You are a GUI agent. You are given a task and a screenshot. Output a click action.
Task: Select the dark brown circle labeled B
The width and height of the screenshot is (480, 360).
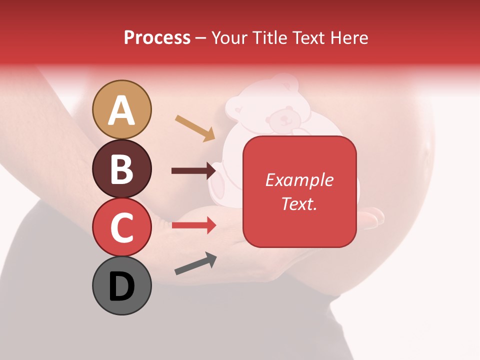122,168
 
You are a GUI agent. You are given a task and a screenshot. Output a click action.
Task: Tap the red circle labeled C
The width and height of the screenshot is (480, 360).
122,227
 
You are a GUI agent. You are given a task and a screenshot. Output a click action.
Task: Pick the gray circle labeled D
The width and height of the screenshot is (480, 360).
122,285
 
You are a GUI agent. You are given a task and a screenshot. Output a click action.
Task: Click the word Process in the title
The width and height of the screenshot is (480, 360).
157,37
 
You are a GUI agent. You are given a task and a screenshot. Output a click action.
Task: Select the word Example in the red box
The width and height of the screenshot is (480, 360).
299,180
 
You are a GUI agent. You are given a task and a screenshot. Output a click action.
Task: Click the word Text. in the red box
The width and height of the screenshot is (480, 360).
299,203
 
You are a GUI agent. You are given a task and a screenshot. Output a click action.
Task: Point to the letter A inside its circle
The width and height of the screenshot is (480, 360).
122,110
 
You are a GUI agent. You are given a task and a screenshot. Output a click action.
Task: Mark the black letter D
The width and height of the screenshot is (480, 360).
122,287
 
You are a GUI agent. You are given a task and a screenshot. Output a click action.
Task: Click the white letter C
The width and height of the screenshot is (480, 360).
122,227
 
